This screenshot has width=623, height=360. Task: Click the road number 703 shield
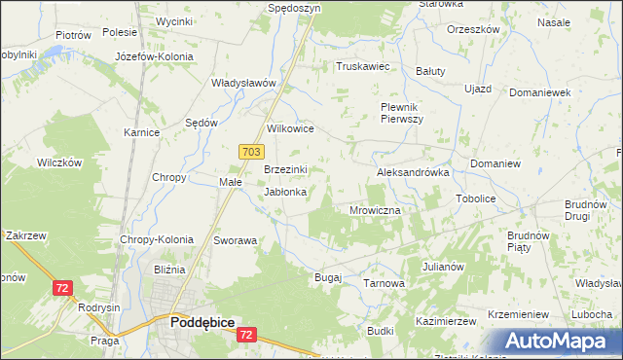[250, 151]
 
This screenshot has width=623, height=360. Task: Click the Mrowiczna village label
[375, 209]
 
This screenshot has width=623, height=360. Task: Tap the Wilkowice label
[289, 127]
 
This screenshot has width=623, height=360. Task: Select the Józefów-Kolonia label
[154, 56]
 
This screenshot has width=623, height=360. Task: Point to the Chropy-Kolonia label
[156, 239]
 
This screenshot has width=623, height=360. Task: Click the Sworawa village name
[235, 239]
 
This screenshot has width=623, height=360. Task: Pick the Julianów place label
[442, 266]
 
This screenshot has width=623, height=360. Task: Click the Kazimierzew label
[444, 320]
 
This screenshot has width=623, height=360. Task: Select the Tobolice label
[475, 198]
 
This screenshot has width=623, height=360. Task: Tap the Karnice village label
[141, 131]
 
